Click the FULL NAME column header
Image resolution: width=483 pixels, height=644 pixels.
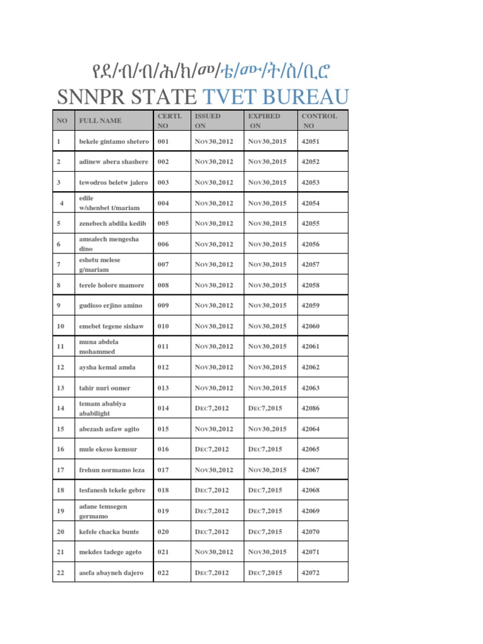tap(100, 121)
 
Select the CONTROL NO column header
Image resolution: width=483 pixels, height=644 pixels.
tap(319, 121)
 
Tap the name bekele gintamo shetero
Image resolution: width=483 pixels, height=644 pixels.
tap(113, 142)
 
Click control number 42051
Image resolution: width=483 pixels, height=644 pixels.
tap(311, 142)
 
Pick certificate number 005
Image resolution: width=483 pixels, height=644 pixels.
tap(164, 224)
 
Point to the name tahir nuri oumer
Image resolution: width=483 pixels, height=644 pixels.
tap(104, 388)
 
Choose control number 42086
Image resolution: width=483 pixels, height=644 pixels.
tap(311, 409)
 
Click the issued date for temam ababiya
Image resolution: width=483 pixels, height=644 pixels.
tap(212, 409)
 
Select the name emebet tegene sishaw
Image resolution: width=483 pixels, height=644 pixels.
tap(111, 326)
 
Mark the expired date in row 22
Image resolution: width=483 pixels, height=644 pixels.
tap(265, 573)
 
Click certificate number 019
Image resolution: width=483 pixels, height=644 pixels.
tap(164, 511)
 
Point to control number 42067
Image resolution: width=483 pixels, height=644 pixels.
tap(311, 470)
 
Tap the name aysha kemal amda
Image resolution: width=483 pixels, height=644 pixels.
tap(106, 367)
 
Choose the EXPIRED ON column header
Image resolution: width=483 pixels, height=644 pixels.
tap(264, 121)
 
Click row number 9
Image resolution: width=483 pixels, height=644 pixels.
tap(59, 306)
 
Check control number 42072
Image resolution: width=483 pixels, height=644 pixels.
tap(311, 573)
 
